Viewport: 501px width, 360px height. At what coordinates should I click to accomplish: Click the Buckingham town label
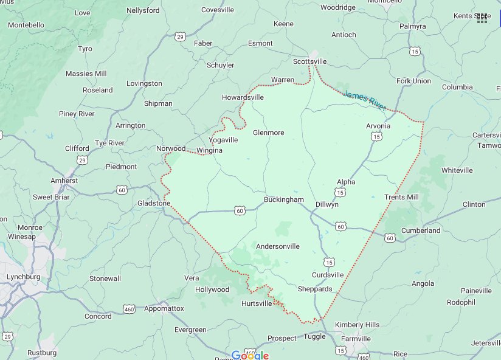pyautogui.click(x=283, y=199)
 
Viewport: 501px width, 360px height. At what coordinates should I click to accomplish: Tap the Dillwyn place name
pyautogui.click(x=327, y=204)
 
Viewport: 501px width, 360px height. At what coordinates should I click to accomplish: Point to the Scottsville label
pyautogui.click(x=309, y=61)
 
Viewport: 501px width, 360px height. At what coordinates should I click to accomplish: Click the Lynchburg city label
pyautogui.click(x=23, y=277)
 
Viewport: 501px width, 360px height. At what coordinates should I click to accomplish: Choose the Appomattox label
pyautogui.click(x=164, y=308)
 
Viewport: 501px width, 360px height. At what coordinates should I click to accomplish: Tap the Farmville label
pyautogui.click(x=356, y=339)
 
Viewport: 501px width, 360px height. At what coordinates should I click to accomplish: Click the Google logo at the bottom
pyautogui.click(x=250, y=355)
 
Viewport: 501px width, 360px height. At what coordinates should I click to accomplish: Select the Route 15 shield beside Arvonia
pyautogui.click(x=377, y=137)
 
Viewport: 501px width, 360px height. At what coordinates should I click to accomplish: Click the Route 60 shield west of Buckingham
pyautogui.click(x=240, y=210)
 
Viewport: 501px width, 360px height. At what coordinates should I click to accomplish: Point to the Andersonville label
pyautogui.click(x=277, y=246)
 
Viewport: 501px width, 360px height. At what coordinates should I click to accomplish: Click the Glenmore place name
pyautogui.click(x=268, y=132)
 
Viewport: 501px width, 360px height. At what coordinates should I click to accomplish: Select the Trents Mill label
pyautogui.click(x=401, y=197)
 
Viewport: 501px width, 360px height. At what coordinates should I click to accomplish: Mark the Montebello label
pyautogui.click(x=26, y=25)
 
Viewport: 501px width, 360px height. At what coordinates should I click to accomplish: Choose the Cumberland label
pyautogui.click(x=421, y=230)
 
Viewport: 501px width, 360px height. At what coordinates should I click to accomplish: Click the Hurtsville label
pyautogui.click(x=257, y=303)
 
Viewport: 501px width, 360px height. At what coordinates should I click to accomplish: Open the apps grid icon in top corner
pyautogui.click(x=482, y=18)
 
